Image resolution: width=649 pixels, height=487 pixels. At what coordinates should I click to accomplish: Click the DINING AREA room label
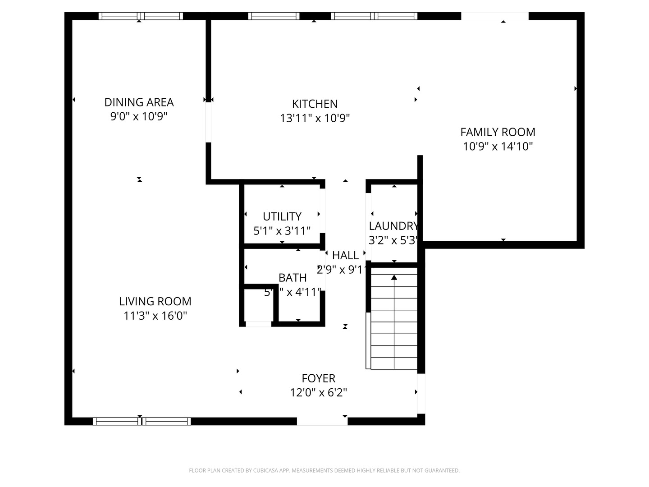click(x=139, y=102)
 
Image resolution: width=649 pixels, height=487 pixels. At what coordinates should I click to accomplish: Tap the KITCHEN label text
click(x=315, y=104)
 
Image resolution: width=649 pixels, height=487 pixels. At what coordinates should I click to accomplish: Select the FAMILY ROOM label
click(x=498, y=132)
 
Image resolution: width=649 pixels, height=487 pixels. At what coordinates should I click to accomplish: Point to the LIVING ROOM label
click(x=155, y=301)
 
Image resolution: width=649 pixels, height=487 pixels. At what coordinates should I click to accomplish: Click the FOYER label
click(x=318, y=378)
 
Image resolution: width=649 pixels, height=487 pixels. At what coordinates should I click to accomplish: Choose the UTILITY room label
click(x=282, y=216)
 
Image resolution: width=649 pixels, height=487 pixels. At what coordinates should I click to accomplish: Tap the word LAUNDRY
click(x=393, y=226)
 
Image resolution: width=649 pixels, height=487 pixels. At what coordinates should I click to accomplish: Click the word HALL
click(x=345, y=256)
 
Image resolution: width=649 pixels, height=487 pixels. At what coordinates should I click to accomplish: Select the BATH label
click(x=293, y=278)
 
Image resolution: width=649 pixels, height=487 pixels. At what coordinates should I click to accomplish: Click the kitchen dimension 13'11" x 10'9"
click(x=315, y=119)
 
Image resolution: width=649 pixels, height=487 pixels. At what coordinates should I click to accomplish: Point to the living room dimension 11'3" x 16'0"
click(x=155, y=316)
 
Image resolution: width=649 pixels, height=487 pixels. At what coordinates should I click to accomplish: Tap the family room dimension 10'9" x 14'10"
click(x=498, y=147)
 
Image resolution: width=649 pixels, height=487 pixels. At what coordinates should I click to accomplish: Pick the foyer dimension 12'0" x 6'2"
click(x=318, y=393)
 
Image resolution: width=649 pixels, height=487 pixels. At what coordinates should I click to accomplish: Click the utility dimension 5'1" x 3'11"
click(x=282, y=231)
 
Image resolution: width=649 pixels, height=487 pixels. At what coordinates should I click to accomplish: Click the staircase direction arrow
click(x=394, y=277)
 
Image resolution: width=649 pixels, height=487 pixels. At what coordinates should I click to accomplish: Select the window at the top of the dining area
click(x=141, y=16)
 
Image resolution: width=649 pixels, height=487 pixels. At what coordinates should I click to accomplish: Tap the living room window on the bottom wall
click(x=142, y=421)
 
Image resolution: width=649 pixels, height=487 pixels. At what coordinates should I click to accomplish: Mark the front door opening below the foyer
click(x=322, y=421)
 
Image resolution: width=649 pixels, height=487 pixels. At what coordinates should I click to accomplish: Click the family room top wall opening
click(x=494, y=16)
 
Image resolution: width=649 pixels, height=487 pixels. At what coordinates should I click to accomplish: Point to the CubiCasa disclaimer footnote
click(x=324, y=471)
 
